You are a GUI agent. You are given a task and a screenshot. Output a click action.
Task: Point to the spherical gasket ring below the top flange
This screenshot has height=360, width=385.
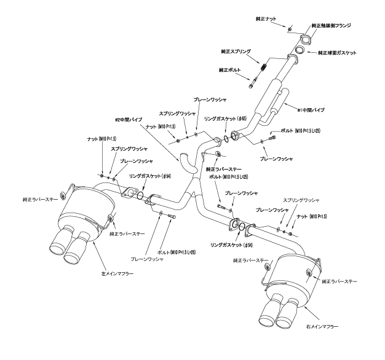[302, 50]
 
